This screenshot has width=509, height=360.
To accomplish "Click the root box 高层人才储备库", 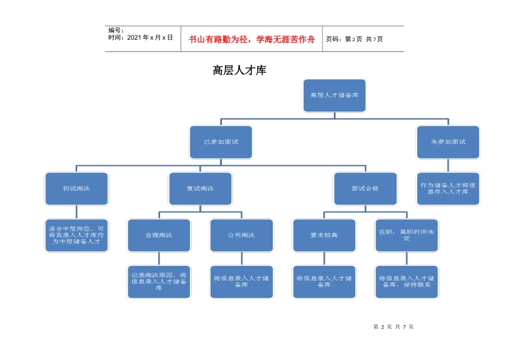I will (334, 95).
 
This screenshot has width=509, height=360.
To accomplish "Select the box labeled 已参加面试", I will (221, 142).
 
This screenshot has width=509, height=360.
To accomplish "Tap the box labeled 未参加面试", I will (448, 142).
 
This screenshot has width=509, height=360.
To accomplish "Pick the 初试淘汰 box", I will (77, 189).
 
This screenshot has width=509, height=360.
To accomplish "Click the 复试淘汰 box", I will (200, 189).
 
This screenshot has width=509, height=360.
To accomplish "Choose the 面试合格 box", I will (365, 189).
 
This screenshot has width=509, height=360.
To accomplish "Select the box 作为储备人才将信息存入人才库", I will (448, 189).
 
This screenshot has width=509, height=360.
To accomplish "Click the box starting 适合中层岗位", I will (77, 235).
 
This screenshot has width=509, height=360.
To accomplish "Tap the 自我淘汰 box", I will (159, 235).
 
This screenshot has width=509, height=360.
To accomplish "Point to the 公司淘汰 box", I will (242, 235).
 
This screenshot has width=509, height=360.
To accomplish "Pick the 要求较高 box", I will (324, 235).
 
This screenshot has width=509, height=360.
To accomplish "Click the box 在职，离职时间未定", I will (407, 235).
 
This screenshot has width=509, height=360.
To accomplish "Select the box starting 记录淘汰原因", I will (159, 282).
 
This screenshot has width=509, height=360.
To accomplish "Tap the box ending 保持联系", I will (407, 282).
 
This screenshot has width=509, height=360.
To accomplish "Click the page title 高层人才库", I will (239, 70).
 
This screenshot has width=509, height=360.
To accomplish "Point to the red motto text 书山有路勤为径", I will (252, 39).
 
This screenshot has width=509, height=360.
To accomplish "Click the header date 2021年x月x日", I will (140, 37).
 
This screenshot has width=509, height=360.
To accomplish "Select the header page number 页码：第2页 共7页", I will (355, 39).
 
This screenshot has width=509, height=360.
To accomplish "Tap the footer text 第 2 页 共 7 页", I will (393, 327).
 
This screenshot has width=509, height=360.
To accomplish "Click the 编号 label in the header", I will (116, 31).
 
